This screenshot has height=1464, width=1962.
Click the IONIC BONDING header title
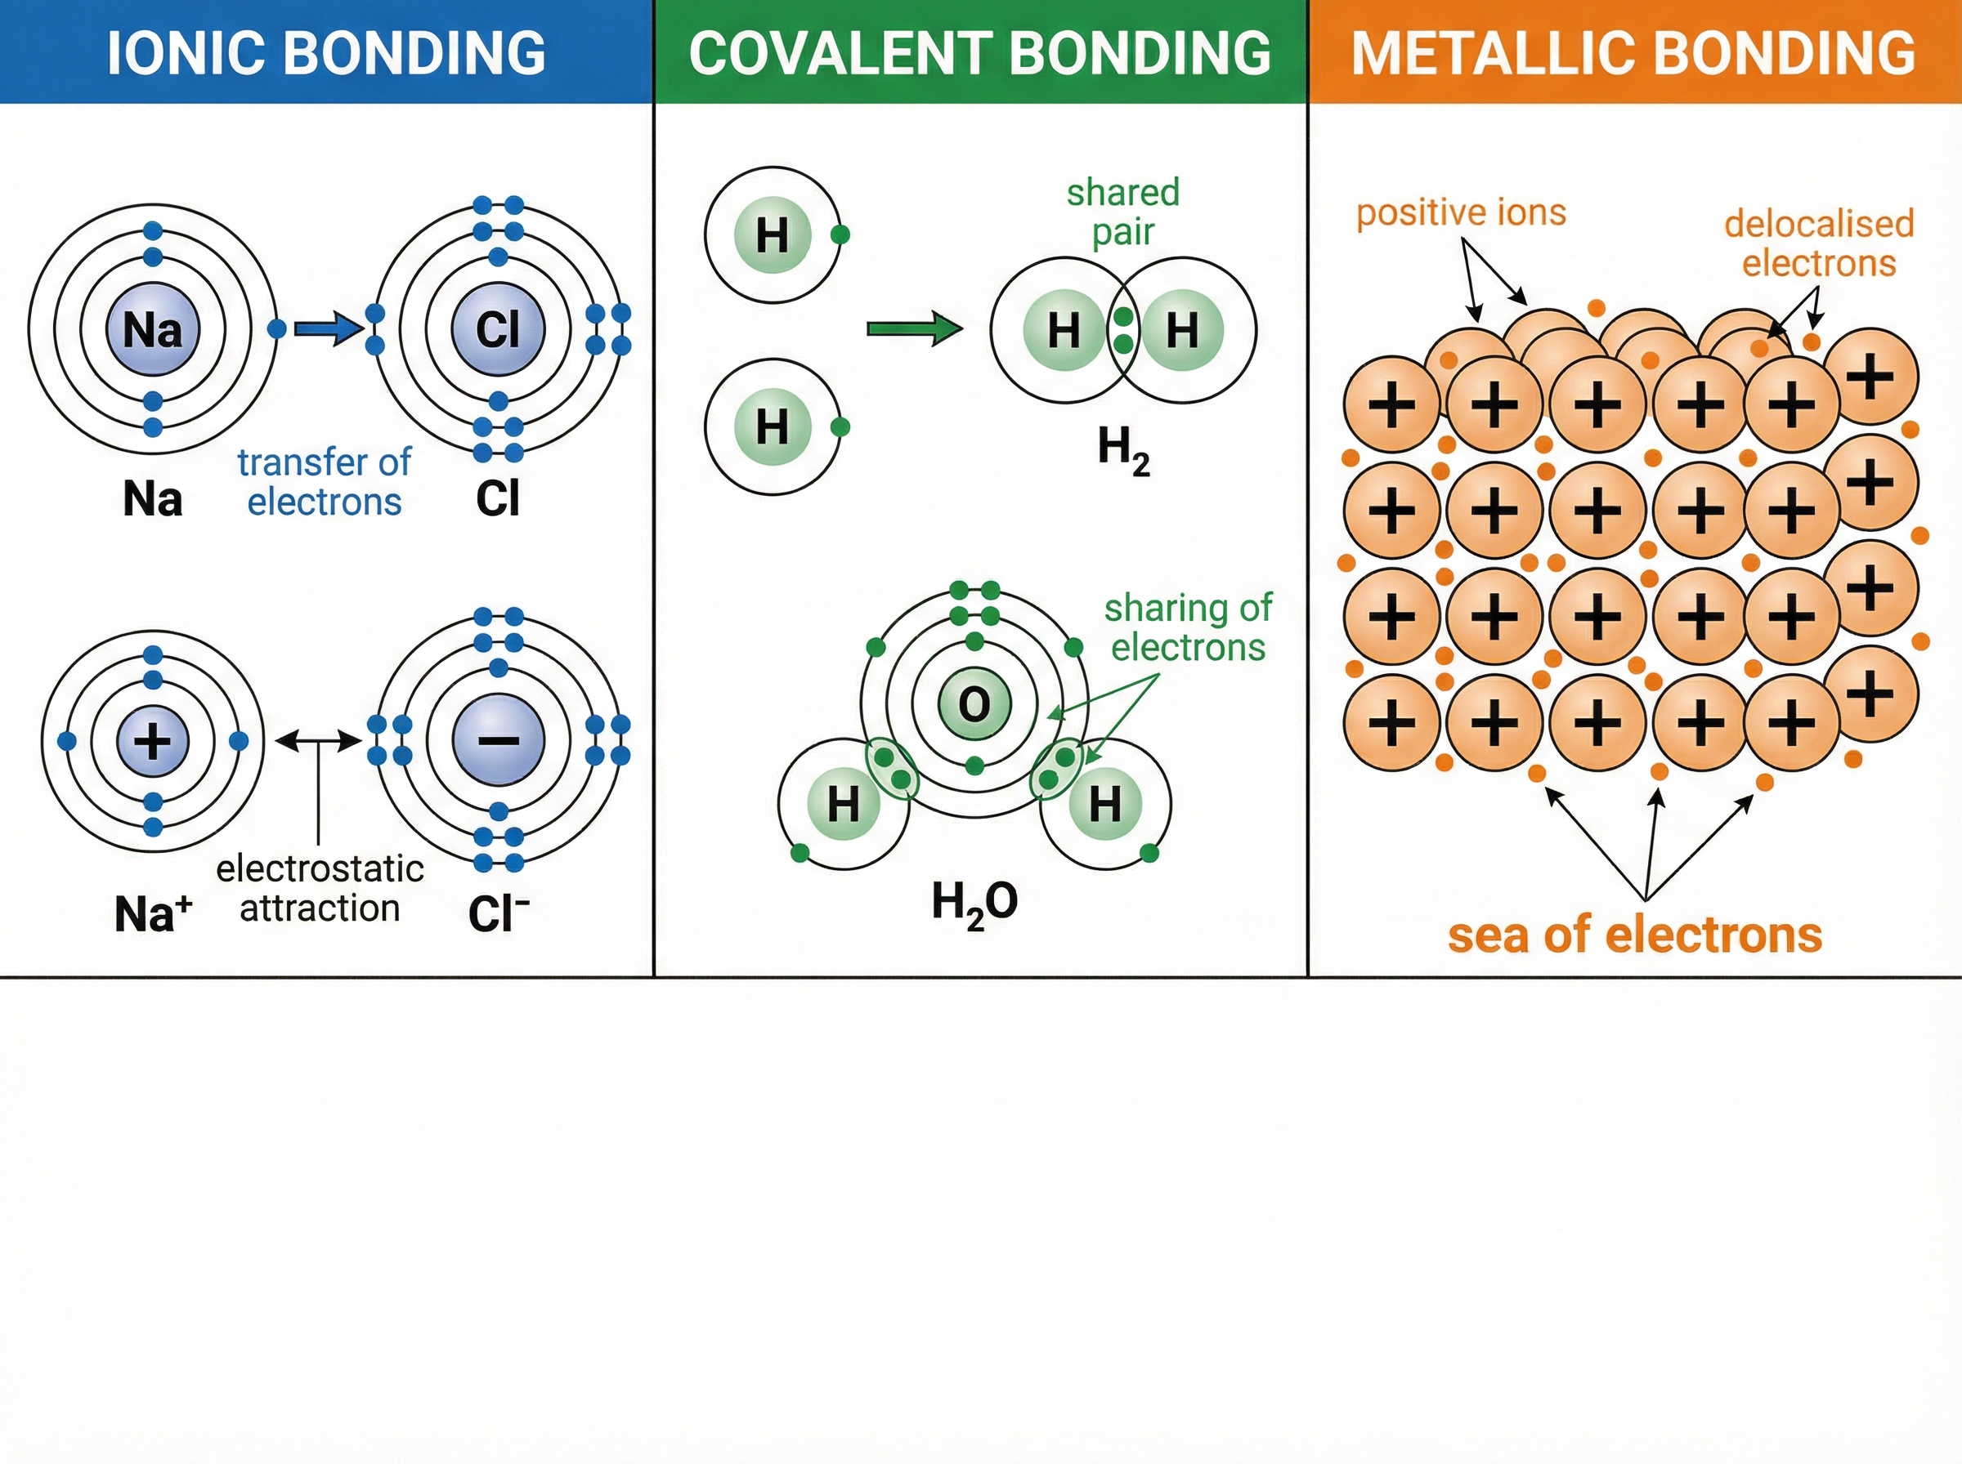point(325,52)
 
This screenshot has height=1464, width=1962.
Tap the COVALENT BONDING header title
point(979,52)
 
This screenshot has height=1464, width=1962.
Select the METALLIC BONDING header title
point(1633,52)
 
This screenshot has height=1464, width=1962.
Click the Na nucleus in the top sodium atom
point(153,330)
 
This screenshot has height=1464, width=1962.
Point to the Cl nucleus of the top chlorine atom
point(497,330)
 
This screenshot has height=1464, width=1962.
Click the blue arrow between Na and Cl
point(327,330)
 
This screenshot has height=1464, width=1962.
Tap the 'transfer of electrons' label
point(324,482)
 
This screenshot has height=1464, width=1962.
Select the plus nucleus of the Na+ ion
point(153,741)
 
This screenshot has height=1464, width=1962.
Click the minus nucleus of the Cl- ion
point(498,741)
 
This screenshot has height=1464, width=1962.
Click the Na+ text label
point(153,913)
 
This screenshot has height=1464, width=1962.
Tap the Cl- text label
point(498,913)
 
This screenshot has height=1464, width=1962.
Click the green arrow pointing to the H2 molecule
point(913,330)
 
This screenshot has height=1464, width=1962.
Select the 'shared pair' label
point(1122,212)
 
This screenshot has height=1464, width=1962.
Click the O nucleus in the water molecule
point(974,705)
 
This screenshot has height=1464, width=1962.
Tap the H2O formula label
point(974,902)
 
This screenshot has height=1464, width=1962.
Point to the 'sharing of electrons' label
point(1188,627)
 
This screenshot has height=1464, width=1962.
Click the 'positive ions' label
point(1461,212)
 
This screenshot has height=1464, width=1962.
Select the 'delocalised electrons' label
point(1818,243)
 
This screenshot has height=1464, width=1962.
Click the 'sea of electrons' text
point(1634,935)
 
